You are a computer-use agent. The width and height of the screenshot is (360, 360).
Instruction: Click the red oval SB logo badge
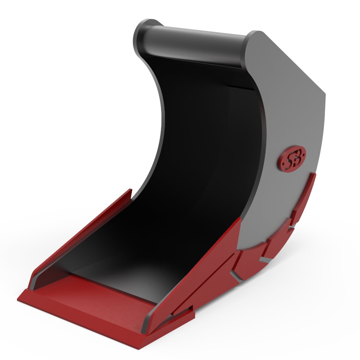[x=292, y=158]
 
